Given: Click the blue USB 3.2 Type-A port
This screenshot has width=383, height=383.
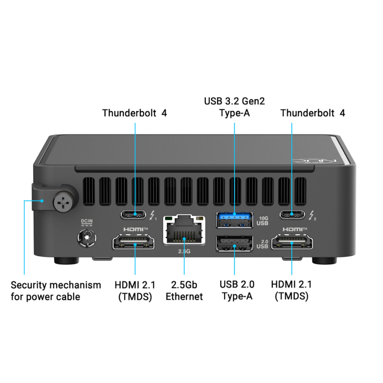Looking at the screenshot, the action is [234, 220].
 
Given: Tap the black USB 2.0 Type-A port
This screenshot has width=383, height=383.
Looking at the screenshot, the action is [234, 243].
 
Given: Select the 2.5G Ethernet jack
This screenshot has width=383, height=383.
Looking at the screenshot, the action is [184, 230].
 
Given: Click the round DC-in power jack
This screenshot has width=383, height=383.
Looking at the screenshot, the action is [87, 237].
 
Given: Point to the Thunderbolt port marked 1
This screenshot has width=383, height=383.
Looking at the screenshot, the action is [134, 214].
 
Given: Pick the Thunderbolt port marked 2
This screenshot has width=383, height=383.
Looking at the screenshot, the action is [293, 214].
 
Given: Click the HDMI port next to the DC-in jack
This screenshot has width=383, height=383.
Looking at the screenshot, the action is [134, 242].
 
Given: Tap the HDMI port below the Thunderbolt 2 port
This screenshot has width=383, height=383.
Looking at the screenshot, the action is [292, 242].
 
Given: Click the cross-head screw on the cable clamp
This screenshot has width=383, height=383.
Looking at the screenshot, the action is [63, 202].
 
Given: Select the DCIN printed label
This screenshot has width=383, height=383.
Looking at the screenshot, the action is [87, 222].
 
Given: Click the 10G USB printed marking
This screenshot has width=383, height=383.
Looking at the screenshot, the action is [262, 221].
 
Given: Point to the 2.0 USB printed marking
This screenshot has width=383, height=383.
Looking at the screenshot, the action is [262, 244].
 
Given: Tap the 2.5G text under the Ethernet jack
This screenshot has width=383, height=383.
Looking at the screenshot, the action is [184, 251].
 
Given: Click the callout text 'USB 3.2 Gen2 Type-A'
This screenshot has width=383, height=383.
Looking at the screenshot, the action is [235, 107].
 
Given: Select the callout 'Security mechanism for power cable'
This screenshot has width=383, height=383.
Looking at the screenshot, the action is [56, 291].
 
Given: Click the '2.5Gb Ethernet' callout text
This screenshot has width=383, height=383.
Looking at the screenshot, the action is [184, 291].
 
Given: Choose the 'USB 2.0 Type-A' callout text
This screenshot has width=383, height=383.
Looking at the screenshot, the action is [237, 290].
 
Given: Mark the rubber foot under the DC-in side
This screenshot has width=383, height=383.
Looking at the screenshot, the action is [67, 260].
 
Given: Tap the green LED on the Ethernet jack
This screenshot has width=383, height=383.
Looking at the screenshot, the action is [168, 218].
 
